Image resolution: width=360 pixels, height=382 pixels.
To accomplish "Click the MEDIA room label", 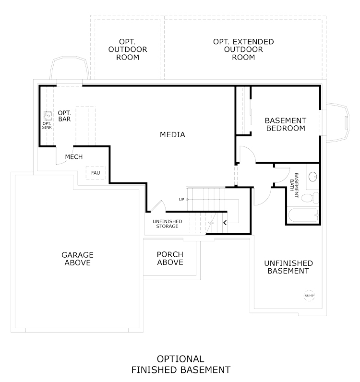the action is tap(172, 134).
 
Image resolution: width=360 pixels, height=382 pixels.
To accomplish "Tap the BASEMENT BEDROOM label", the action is tap(286, 124).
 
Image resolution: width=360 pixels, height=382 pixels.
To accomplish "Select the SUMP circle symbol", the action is tap(309, 295).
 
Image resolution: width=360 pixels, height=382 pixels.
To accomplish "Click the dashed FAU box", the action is tap(96, 173).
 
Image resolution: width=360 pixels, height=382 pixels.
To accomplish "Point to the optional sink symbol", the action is tap(48, 116).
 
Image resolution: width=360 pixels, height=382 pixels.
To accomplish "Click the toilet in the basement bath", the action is tap(310, 198).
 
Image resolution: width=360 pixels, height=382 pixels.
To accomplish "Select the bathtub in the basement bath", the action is tap(303, 215).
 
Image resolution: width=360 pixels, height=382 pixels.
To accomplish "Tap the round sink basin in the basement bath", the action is tap(312, 177).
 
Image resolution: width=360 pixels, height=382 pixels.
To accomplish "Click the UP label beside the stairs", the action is tap(181, 200).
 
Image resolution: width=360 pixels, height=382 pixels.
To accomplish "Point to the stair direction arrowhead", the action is tap(225, 223).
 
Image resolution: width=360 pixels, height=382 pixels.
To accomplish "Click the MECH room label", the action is tap(74, 156).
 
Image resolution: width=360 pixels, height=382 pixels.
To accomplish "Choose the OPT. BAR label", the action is tap(64, 116).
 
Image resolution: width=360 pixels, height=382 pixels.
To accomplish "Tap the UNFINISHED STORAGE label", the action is tap(168, 224).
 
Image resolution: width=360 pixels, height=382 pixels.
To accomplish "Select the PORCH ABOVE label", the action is tap(170, 258).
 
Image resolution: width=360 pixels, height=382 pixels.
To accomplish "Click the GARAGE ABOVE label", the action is tap(77, 259).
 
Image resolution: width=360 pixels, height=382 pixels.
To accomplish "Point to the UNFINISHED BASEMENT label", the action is tap(288, 267).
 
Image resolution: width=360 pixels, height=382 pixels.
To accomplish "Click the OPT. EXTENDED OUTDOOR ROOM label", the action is tap(243, 49).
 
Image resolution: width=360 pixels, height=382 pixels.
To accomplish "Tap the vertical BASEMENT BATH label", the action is tap(294, 185).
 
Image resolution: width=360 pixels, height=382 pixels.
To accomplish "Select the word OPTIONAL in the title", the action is tap(180, 359).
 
